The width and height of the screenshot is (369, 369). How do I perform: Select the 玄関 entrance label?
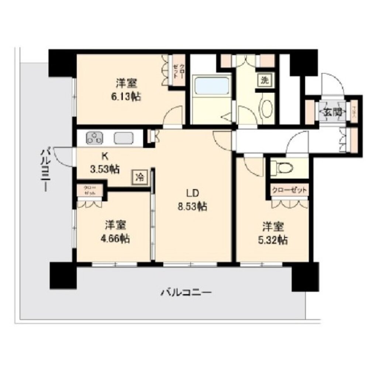332,112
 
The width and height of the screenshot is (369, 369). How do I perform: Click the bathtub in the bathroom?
212,86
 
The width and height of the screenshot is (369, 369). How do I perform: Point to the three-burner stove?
95,139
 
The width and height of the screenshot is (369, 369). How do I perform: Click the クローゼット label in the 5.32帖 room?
289,190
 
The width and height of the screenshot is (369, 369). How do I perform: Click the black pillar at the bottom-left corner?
63,275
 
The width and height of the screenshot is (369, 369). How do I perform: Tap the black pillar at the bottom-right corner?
304,276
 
